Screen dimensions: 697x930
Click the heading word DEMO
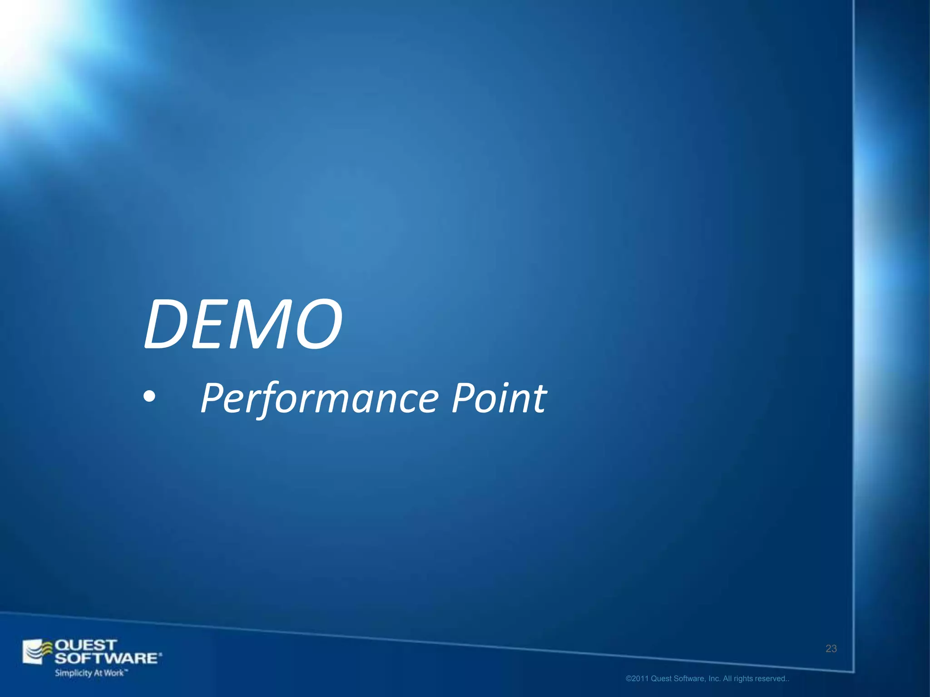tap(243, 324)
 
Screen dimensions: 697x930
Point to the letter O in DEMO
tap(316, 324)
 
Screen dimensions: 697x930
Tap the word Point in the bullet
tap(499, 398)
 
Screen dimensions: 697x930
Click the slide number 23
tap(831, 649)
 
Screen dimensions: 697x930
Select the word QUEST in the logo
tap(86, 645)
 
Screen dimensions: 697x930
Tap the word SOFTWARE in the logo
tap(107, 658)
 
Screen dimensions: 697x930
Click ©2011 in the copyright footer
tap(637, 679)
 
